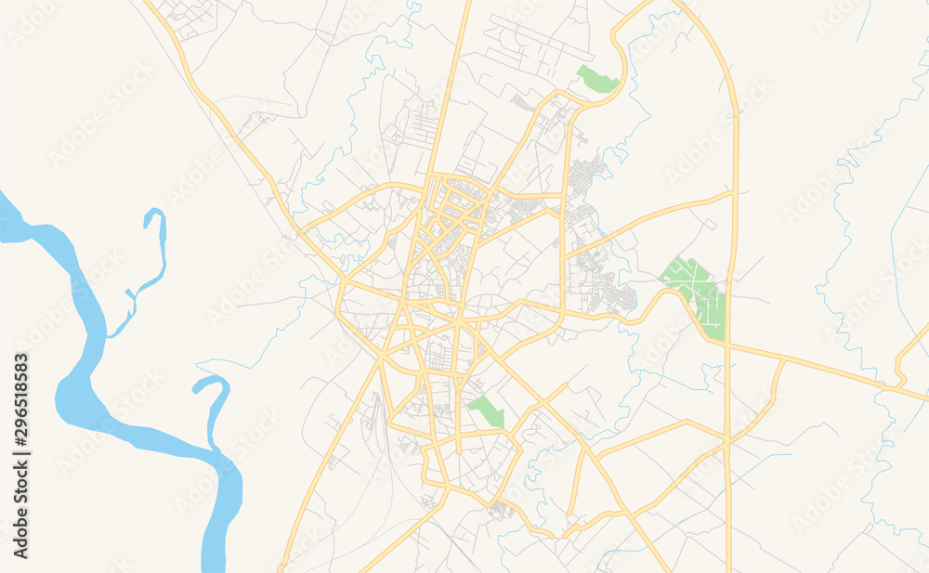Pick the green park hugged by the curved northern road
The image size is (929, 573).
point(596,79)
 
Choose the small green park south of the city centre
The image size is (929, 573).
point(486,411)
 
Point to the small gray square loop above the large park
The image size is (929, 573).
point(709,224)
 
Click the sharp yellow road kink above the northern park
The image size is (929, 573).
point(615,37)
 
